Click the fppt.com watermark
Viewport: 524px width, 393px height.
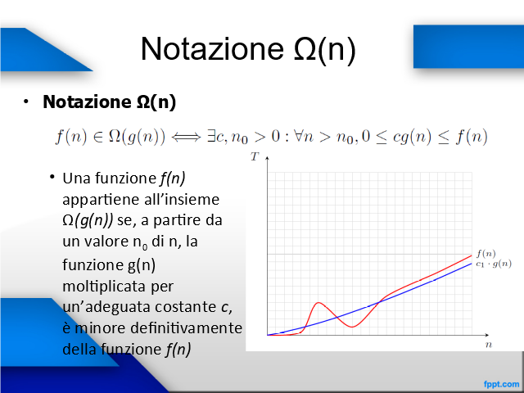(501, 384)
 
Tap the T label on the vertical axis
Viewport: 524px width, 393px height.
(255, 156)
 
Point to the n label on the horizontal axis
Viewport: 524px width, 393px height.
(489, 345)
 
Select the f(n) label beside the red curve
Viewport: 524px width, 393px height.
(486, 254)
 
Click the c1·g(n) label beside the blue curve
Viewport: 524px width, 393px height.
(494, 264)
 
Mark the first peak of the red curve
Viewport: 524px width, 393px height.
(318, 303)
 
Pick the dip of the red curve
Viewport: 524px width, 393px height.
(352, 327)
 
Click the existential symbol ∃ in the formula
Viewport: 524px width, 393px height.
(211, 137)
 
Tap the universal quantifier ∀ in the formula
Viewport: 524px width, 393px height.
(298, 137)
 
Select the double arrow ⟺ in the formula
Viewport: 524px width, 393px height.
(186, 137)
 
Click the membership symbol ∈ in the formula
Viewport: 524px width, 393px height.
(98, 137)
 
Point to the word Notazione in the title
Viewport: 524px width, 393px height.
(213, 49)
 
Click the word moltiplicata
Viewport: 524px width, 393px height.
(118, 286)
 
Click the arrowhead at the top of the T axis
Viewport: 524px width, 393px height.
(267, 158)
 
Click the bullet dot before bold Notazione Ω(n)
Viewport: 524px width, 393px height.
(26, 102)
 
